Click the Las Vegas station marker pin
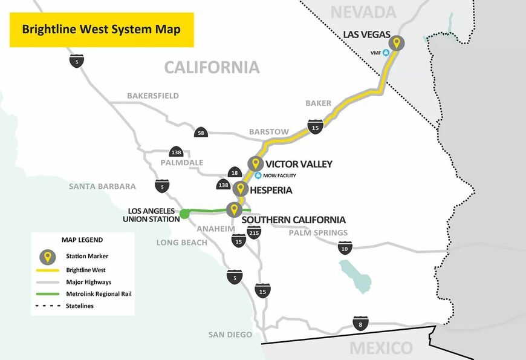397,44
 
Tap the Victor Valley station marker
255,163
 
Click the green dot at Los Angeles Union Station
184,213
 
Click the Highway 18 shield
235,173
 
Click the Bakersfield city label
153,96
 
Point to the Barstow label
269,132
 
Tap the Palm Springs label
318,233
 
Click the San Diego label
230,335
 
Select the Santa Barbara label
102,186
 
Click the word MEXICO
381,349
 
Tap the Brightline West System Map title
101,29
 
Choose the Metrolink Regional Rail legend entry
99,294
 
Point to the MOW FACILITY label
279,175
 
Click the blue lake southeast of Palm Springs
354,275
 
